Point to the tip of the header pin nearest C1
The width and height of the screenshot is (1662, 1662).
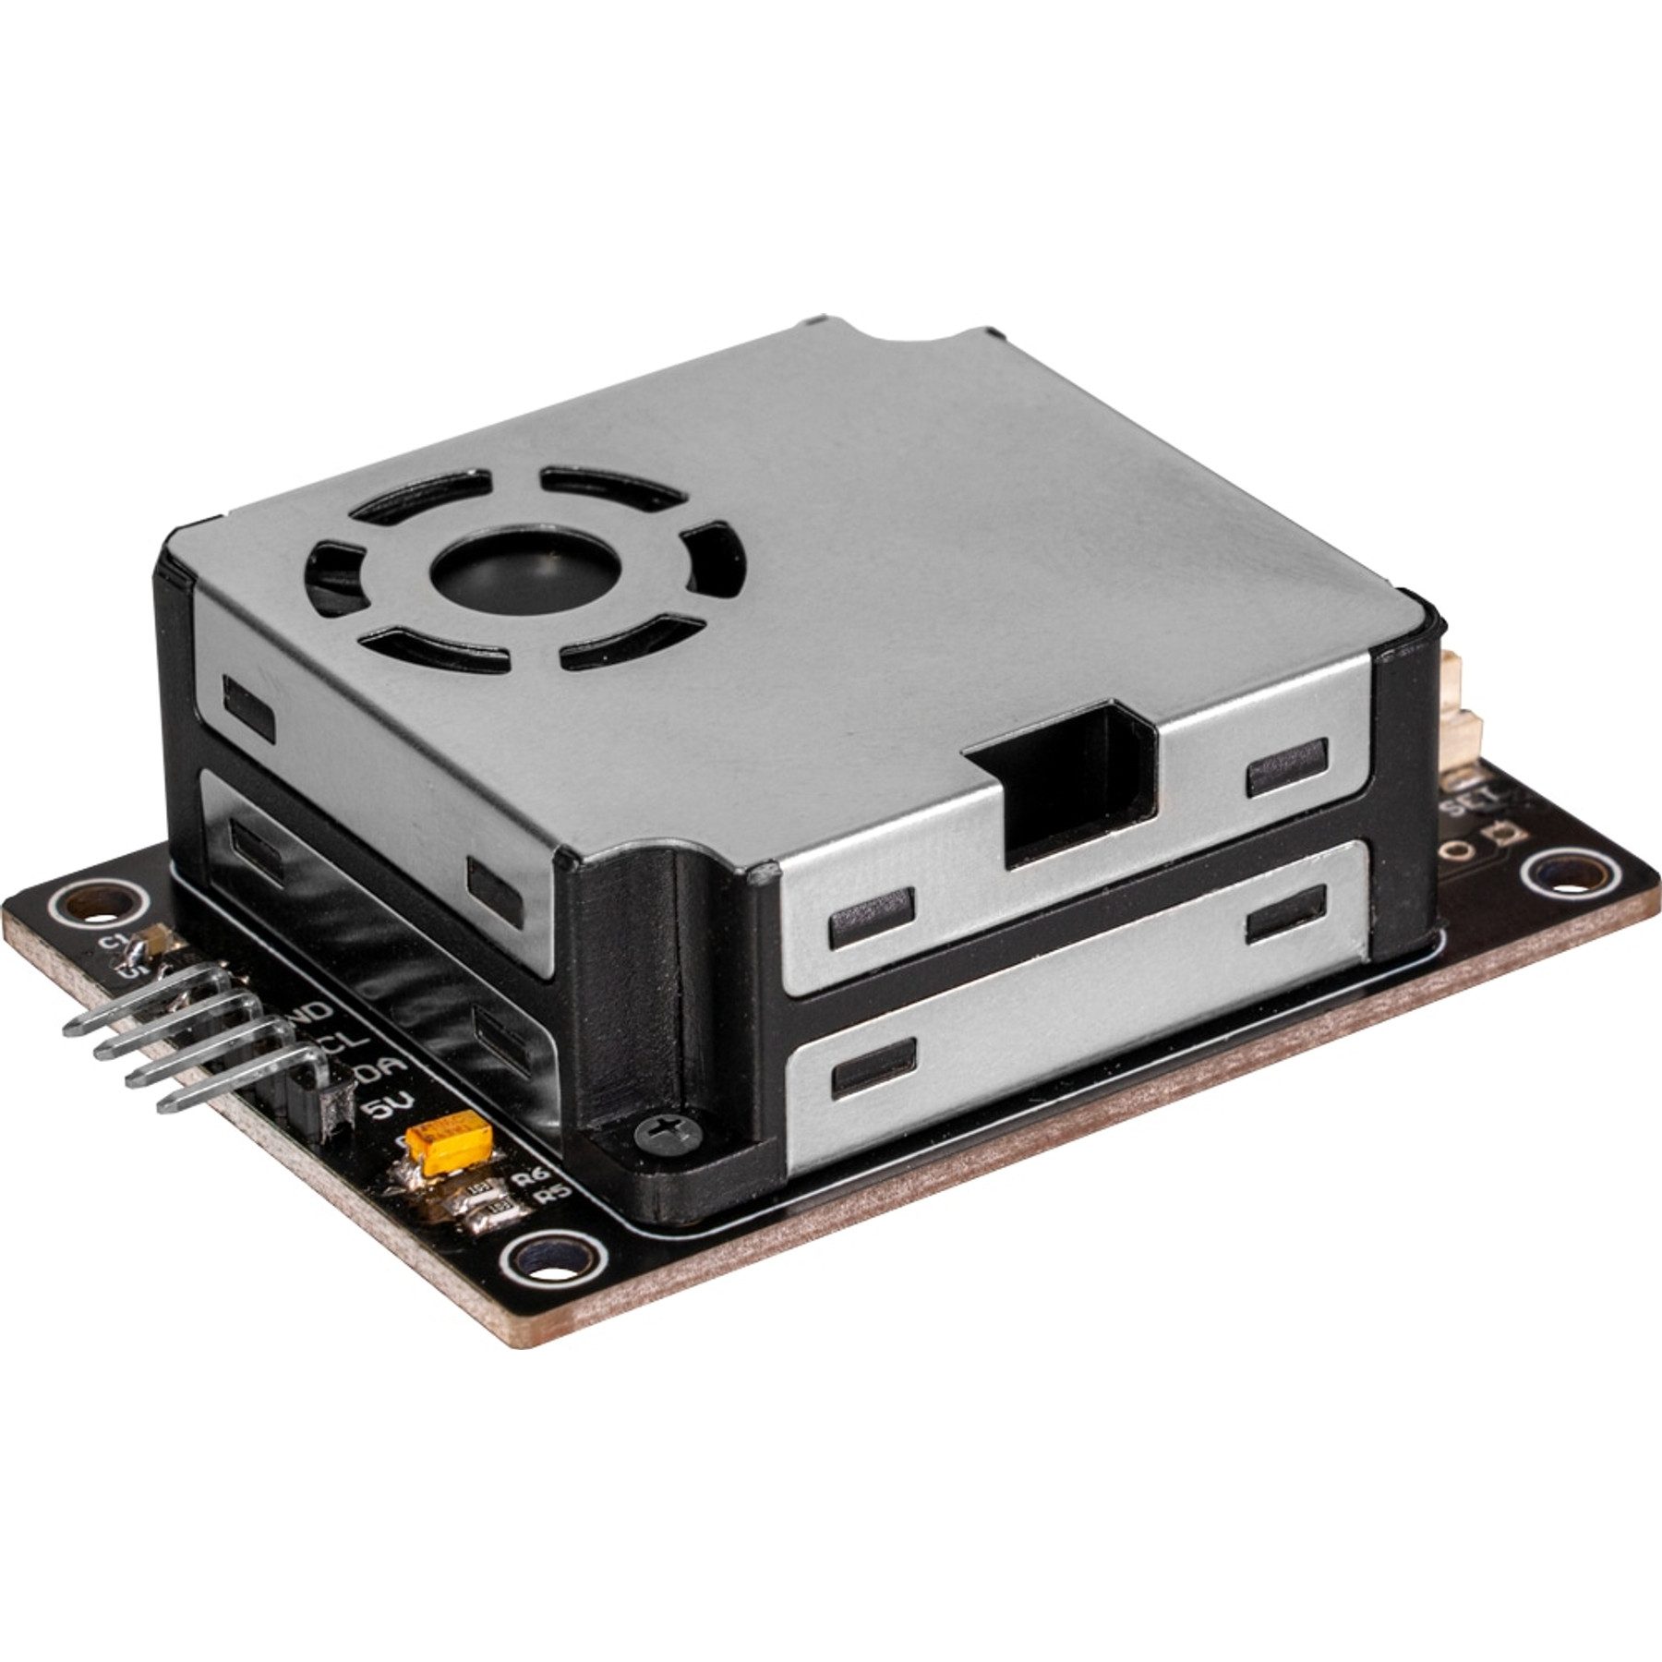click(x=70, y=1028)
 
